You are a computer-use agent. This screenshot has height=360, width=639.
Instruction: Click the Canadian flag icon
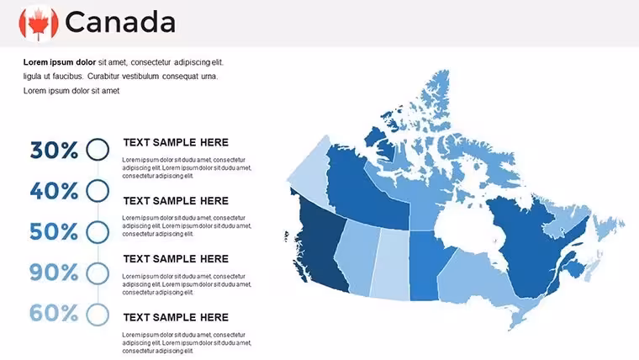[39, 24]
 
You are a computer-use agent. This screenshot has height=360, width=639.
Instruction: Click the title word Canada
[120, 23]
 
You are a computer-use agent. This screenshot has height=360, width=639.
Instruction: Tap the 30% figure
[54, 150]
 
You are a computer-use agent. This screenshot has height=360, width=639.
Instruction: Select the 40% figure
[54, 191]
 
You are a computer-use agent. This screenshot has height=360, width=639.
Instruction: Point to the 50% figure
[54, 231]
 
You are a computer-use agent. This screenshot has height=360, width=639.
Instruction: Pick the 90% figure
[54, 273]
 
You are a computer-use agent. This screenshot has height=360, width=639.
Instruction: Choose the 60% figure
[54, 313]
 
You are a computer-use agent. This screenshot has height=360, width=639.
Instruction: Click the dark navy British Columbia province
[322, 245]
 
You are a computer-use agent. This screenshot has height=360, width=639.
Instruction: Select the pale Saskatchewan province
[390, 265]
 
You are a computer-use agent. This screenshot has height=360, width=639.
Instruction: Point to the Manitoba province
[426, 265]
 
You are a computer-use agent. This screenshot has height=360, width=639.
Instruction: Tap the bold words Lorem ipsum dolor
[60, 62]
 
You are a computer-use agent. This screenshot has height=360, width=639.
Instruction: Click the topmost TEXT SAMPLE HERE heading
[176, 142]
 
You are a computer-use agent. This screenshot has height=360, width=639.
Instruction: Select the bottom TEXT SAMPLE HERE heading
[176, 317]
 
